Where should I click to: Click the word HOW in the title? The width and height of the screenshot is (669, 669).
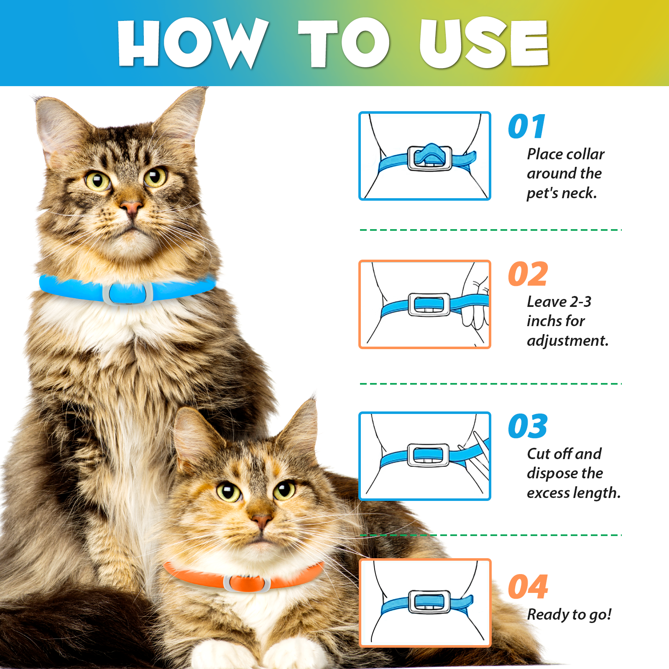192,43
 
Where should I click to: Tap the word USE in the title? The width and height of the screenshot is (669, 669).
484,43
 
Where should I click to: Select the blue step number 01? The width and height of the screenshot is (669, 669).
527,127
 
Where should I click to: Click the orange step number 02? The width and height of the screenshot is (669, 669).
528,275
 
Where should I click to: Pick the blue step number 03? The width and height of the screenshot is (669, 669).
528,426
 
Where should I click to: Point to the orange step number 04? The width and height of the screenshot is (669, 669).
528,587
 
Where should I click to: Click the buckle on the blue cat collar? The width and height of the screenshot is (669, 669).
128,293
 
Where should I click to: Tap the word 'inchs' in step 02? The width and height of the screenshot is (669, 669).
544,321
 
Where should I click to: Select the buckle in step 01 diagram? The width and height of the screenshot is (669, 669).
430,158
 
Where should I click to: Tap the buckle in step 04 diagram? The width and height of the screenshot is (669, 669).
430,602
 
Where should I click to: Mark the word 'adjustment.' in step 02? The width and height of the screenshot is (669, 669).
567,341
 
